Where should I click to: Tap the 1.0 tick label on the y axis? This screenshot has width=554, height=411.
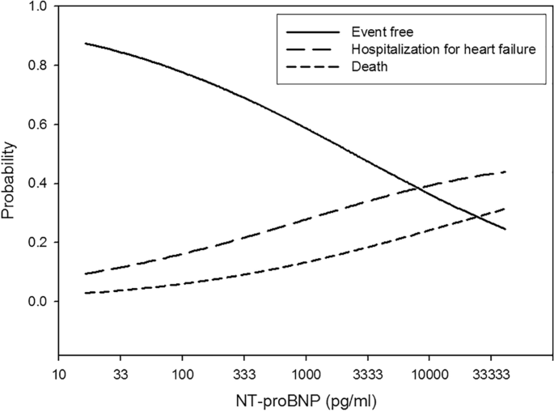point(37,6)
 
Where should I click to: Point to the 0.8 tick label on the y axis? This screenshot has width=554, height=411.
point(37,66)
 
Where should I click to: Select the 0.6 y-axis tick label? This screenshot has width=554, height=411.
point(37,125)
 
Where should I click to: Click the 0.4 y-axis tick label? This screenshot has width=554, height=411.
point(37,184)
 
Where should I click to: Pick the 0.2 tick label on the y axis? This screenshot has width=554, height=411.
point(37,243)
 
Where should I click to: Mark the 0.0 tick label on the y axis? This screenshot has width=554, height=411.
point(37,302)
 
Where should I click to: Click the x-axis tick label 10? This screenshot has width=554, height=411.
point(58,374)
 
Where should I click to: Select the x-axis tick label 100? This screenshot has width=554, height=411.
point(182,374)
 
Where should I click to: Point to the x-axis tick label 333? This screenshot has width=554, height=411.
point(243,374)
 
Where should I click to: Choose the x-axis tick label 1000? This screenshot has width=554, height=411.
point(305,374)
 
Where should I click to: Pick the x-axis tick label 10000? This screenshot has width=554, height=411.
point(428,374)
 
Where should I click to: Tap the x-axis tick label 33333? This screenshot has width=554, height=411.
point(490,374)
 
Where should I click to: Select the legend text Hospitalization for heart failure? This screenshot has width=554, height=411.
point(432,50)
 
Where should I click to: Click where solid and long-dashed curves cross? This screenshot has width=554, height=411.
point(419,189)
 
